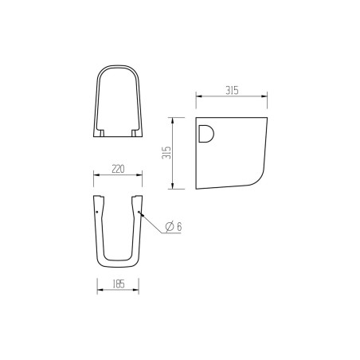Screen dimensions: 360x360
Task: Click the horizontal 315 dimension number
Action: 230,92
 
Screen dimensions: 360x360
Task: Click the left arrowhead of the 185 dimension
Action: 99,290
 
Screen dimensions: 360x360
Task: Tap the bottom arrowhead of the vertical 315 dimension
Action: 171,187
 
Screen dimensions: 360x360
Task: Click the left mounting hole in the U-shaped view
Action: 96,213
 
